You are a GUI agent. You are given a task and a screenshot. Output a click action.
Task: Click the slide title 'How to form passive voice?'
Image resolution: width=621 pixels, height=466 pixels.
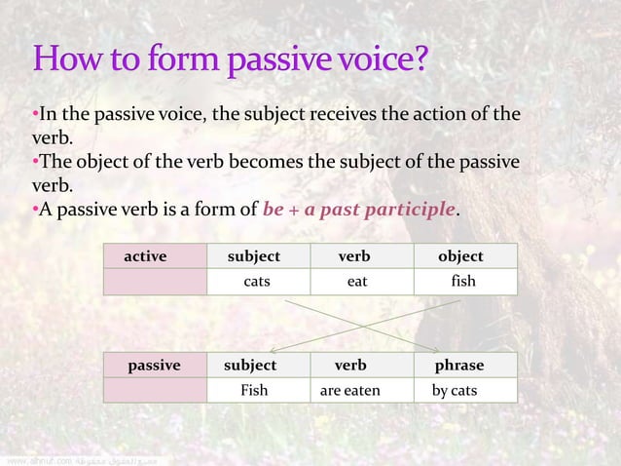pyautogui.click(x=230, y=61)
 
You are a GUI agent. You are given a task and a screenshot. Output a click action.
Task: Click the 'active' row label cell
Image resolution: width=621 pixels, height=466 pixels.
pyautogui.click(x=145, y=256)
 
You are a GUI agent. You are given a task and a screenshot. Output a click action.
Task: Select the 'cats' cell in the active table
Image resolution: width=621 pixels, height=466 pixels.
pyautogui.click(x=257, y=282)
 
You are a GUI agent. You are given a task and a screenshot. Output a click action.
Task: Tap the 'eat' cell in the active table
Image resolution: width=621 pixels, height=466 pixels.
pyautogui.click(x=357, y=282)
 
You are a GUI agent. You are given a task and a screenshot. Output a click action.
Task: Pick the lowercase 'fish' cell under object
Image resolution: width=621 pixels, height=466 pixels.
pyautogui.click(x=463, y=282)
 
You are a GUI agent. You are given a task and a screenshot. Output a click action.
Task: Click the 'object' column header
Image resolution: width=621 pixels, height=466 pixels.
pyautogui.click(x=460, y=256)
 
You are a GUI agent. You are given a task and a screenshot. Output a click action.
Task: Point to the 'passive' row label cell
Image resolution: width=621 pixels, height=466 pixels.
pyautogui.click(x=154, y=366)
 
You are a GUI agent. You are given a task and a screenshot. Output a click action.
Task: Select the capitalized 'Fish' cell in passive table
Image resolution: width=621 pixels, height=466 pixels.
pyautogui.click(x=254, y=391)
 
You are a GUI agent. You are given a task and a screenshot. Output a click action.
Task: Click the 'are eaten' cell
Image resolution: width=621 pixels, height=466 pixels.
pyautogui.click(x=350, y=391)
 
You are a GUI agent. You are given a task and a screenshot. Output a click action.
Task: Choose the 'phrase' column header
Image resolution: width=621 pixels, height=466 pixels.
pyautogui.click(x=459, y=366)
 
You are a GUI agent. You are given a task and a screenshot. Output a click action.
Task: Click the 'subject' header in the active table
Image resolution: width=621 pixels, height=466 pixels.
pyautogui.click(x=254, y=256)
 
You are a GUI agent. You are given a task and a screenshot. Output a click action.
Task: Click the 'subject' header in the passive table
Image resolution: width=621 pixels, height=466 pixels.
pyautogui.click(x=250, y=366)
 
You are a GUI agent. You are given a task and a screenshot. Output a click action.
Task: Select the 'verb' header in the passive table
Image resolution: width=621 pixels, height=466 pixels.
pyautogui.click(x=350, y=366)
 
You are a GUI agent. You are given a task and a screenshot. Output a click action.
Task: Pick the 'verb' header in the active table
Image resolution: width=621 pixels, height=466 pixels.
pyautogui.click(x=354, y=256)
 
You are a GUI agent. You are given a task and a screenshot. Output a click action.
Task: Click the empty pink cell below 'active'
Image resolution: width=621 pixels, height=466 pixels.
pyautogui.click(x=155, y=282)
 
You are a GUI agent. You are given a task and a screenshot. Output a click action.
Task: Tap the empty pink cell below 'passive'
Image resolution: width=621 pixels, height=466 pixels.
pyautogui.click(x=155, y=391)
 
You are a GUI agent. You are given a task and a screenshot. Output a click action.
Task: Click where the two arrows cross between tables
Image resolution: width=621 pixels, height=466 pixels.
pyautogui.click(x=362, y=323)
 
